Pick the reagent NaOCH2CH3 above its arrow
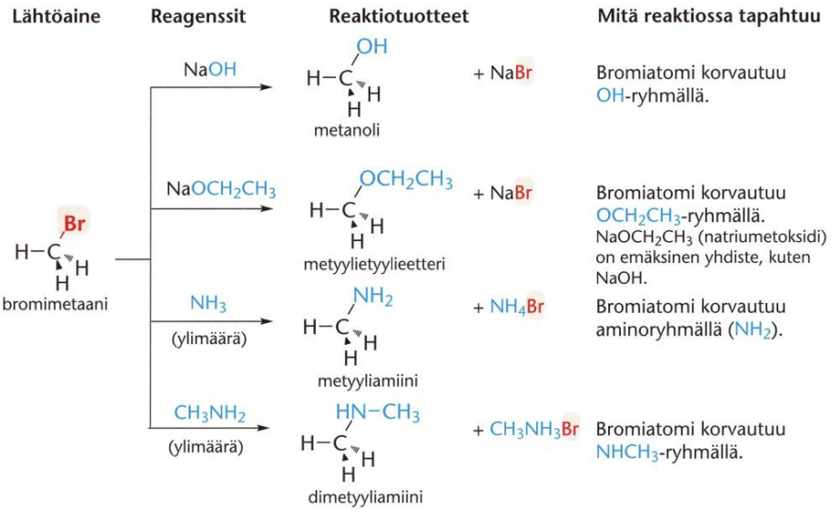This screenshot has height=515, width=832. [220, 190]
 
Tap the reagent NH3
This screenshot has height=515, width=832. [208, 301]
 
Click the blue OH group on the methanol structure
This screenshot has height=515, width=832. [371, 46]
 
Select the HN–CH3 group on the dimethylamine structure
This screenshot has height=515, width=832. [378, 413]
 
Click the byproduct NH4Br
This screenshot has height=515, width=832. [514, 307]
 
